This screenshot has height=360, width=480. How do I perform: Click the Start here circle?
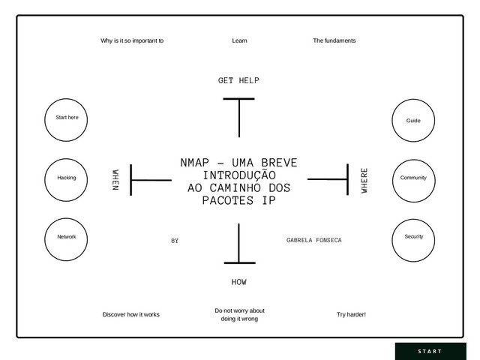tap(67, 118)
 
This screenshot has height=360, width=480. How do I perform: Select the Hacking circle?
tap(67, 178)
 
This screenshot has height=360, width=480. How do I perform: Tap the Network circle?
tap(67, 237)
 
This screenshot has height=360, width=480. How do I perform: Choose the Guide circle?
tap(413, 120)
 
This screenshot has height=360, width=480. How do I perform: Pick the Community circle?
tap(413, 178)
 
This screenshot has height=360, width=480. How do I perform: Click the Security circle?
tap(413, 237)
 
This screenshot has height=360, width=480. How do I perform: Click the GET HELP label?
tap(238, 80)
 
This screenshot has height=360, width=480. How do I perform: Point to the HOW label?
tap(238, 283)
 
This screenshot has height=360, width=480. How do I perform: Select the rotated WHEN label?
tap(115, 180)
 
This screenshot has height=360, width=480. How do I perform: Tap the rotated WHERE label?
tap(364, 180)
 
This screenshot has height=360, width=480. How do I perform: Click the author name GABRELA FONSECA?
tap(313, 240)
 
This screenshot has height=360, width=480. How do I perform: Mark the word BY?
tap(175, 241)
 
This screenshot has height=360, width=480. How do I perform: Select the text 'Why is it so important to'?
tap(132, 40)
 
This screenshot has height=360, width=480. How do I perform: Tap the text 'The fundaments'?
tap(334, 40)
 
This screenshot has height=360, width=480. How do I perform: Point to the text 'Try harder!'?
tap(352, 315)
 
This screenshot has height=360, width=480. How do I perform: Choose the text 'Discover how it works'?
tap(130, 315)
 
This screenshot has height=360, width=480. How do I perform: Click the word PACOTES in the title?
tap(229, 202)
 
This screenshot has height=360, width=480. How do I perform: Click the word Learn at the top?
tap(240, 40)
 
